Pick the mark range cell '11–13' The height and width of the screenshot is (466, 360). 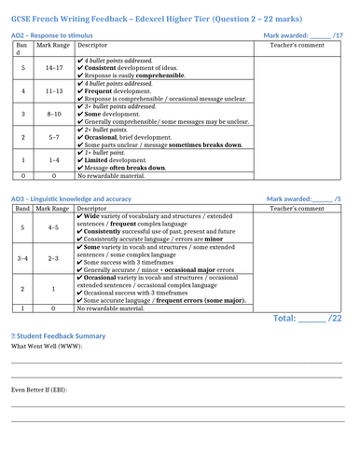pyautogui.click(x=54, y=91)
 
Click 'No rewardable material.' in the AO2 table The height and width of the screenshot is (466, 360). pyautogui.click(x=117, y=174)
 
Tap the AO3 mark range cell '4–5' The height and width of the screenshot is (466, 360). pyautogui.click(x=54, y=226)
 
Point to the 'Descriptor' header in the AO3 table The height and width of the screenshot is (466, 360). pyautogui.click(x=92, y=209)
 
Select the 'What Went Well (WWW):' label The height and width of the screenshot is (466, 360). pyautogui.click(x=45, y=347)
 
